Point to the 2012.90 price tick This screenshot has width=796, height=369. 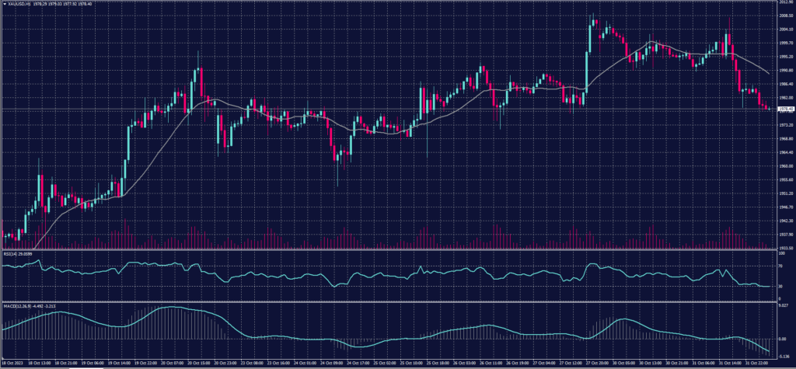(784, 2)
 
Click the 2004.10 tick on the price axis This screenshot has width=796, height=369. (784, 30)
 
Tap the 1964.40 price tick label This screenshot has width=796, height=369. (784, 152)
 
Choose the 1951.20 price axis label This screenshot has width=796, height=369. (784, 193)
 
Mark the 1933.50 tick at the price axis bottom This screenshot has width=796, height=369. (784, 248)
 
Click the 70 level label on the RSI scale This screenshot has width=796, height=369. (780, 266)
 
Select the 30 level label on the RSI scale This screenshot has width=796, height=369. (780, 286)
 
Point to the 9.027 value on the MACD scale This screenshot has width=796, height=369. (784, 306)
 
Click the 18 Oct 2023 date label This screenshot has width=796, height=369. (14, 364)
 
